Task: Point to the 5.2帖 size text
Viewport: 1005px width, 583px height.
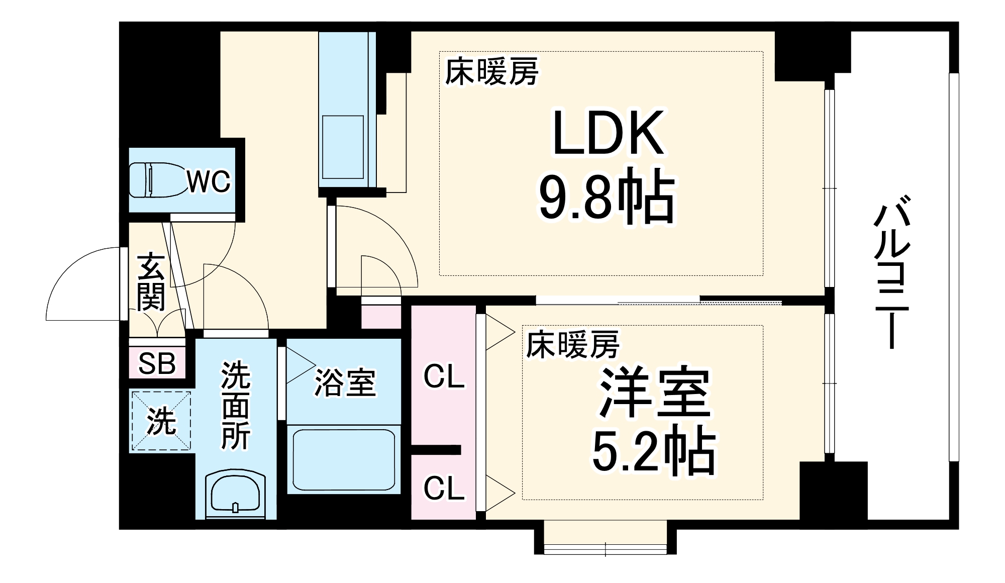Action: coord(653,452)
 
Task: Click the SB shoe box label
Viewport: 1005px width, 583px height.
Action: coord(156,363)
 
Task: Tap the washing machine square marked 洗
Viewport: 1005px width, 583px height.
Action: coord(161,421)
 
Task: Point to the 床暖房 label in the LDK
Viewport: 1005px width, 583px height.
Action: coord(492,72)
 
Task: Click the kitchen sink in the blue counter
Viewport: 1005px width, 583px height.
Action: coord(343,147)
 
